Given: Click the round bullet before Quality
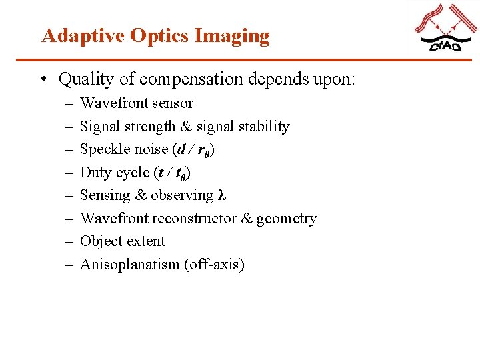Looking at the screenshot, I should coord(43,80).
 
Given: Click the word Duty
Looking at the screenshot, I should coord(94,173).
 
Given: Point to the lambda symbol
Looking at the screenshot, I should coord(222,195).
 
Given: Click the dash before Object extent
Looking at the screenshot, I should coord(69,241).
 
